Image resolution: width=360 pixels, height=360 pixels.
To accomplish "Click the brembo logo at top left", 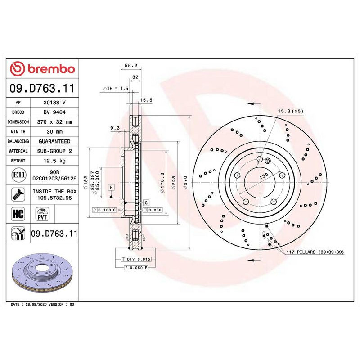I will tap(42, 68).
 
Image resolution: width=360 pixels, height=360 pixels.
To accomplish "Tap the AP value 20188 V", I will tap(54, 103).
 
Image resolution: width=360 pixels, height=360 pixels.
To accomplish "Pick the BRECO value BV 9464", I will tap(54, 112).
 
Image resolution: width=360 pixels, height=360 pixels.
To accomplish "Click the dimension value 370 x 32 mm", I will tap(54, 122).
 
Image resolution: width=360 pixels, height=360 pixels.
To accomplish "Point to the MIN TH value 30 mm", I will tap(54, 131).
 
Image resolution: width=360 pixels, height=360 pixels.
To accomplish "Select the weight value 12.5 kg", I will tap(54, 161).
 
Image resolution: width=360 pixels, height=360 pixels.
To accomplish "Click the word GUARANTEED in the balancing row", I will tap(54, 141).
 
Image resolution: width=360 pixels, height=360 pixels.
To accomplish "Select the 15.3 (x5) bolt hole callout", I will tap(291, 111).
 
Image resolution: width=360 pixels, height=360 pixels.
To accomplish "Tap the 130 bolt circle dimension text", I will tap(263, 175).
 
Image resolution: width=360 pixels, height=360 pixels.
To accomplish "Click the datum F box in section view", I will tap(111, 187).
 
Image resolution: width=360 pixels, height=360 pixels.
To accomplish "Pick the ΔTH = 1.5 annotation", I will tap(116, 88).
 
